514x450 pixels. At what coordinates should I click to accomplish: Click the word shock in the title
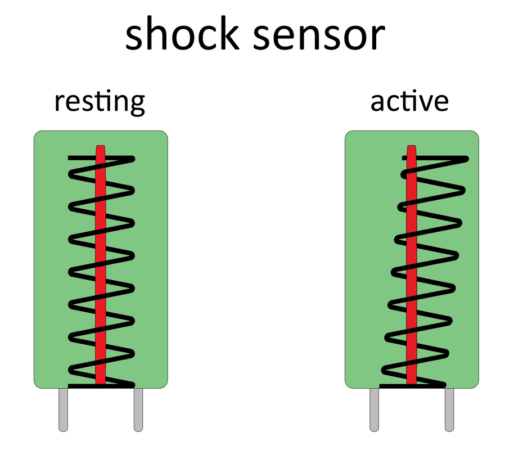(182, 33)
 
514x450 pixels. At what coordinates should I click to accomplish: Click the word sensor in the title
(319, 37)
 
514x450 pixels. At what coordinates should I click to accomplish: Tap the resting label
(100, 102)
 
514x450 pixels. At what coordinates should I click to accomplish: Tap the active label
(409, 101)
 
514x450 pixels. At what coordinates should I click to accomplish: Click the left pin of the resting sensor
(64, 409)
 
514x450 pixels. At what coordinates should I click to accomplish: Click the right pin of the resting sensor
(138, 409)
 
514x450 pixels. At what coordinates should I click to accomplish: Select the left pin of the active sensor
(375, 409)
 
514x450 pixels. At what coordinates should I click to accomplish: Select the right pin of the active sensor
(449, 409)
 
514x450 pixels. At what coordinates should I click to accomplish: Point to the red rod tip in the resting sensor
(101, 147)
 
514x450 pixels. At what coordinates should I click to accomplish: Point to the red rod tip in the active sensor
(412, 147)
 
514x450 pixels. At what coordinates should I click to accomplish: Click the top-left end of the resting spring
(69, 158)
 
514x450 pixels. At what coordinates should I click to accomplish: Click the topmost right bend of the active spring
(466, 159)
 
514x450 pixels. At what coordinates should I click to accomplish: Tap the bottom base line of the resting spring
(101, 386)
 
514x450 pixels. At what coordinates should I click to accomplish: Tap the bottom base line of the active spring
(412, 386)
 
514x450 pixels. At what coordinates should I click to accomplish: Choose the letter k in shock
(228, 33)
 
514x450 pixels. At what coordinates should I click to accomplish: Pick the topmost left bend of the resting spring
(71, 174)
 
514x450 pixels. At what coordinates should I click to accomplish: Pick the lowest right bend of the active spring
(446, 354)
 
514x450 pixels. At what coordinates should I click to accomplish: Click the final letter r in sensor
(378, 37)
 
